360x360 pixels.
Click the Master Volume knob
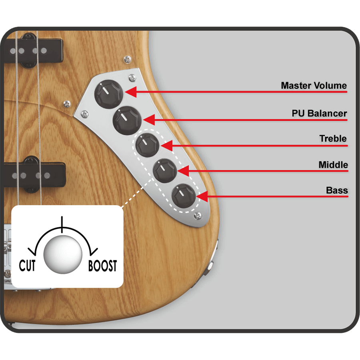[109, 94]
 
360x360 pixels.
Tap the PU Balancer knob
[127, 120]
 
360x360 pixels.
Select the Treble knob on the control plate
[148, 145]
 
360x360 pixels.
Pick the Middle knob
[165, 171]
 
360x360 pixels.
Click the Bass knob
[184, 196]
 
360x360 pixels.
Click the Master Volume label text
[314, 86]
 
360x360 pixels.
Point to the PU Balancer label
[319, 114]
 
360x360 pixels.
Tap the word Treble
[333, 139]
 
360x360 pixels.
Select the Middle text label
[333, 165]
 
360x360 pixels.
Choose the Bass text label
[337, 190]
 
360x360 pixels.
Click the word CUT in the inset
[27, 266]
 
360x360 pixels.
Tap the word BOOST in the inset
[103, 266]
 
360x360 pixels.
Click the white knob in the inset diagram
[63, 255]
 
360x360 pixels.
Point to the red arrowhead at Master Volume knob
[131, 92]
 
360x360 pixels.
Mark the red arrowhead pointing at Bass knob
[202, 196]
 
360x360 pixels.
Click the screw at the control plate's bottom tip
[198, 216]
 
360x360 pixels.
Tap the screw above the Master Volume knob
[132, 78]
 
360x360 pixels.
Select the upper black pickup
[34, 51]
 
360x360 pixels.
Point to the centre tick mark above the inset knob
[62, 224]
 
